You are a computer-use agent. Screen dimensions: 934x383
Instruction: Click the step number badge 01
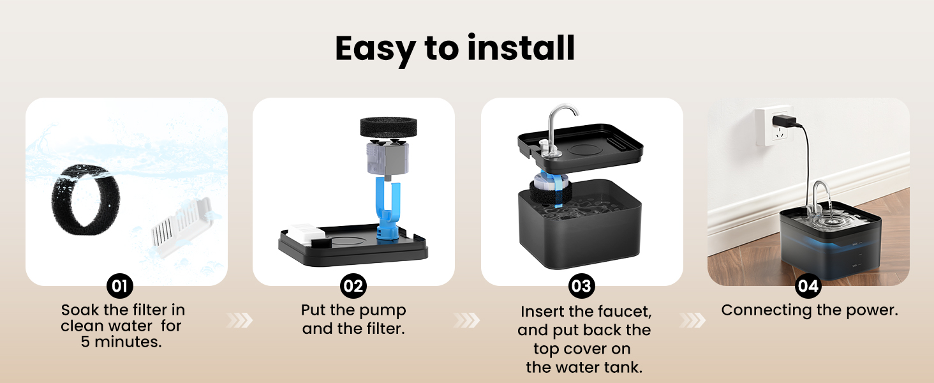pyautogui.click(x=120, y=286)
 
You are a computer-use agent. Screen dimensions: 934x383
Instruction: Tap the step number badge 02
pyautogui.click(x=353, y=286)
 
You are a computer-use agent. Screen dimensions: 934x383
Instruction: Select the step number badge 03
pyautogui.click(x=582, y=286)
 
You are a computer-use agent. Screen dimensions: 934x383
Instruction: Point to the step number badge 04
pyautogui.click(x=808, y=286)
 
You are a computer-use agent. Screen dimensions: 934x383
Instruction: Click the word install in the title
pyautogui.click(x=521, y=48)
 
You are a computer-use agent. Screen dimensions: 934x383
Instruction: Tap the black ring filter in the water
pyautogui.click(x=85, y=200)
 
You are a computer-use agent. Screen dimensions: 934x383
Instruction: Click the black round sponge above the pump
pyautogui.click(x=388, y=127)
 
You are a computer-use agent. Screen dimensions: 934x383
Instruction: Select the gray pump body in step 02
pyautogui.click(x=387, y=158)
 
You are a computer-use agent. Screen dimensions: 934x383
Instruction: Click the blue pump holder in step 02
pyautogui.click(x=388, y=209)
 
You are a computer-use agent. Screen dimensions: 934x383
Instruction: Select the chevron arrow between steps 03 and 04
pyautogui.click(x=693, y=320)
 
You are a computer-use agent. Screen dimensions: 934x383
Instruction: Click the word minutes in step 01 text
pyautogui.click(x=128, y=342)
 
